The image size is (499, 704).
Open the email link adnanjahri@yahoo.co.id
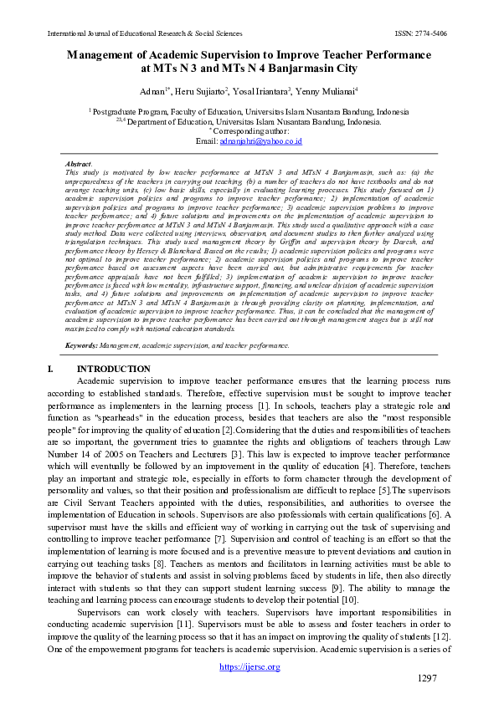[x=260, y=142]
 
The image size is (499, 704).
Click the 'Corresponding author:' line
[x=249, y=132]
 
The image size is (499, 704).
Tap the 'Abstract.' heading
[x=79, y=164]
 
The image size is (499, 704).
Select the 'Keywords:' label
[x=81, y=344]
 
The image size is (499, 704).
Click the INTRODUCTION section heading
[x=114, y=369]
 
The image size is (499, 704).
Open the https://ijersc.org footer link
[x=249, y=666]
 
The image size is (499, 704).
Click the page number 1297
[x=427, y=678]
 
